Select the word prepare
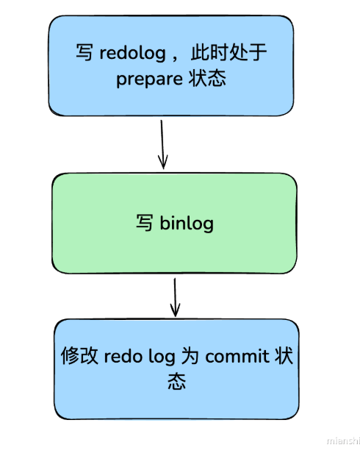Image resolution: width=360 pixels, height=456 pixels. [x=144, y=79]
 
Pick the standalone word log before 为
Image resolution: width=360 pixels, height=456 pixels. [x=162, y=358]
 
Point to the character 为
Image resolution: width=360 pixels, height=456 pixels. [x=190, y=357]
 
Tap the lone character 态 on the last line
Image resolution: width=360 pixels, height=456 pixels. [x=176, y=382]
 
